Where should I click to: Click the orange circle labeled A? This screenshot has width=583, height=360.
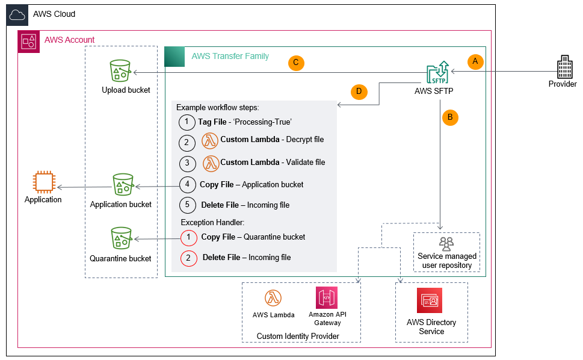pyautogui.click(x=475, y=61)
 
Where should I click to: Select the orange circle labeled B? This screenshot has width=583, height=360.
pyautogui.click(x=449, y=117)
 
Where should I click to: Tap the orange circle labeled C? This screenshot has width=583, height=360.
pyautogui.click(x=296, y=63)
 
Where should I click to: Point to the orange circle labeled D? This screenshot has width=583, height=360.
pyautogui.click(x=359, y=92)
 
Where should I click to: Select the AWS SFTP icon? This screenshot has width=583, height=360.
pyautogui.click(x=438, y=72)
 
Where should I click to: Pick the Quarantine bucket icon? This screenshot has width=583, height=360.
pyautogui.click(x=120, y=238)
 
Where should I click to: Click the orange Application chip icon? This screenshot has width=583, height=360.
pyautogui.click(x=43, y=182)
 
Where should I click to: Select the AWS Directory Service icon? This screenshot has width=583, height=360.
pyautogui.click(x=431, y=301)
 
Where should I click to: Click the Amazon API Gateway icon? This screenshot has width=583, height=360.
pyautogui.click(x=327, y=297)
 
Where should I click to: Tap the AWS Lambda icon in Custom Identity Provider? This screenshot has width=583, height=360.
pyautogui.click(x=274, y=298)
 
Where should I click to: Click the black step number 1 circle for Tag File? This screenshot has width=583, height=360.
pyautogui.click(x=187, y=122)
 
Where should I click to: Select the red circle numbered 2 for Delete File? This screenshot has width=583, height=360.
pyautogui.click(x=189, y=258)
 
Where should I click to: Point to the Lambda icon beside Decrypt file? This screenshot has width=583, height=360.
pyautogui.click(x=210, y=140)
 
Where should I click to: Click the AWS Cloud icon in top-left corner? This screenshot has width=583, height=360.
pyautogui.click(x=17, y=14)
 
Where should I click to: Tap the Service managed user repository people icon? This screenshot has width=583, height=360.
pyautogui.click(x=446, y=243)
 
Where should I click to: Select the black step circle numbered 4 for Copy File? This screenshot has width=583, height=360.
pyautogui.click(x=187, y=185)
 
